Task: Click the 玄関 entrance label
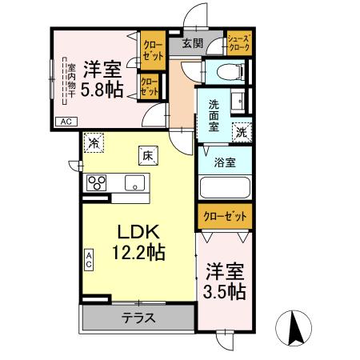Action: tap(192, 43)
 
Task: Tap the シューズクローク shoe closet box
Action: tap(239, 43)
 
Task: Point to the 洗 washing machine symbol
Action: tap(242, 133)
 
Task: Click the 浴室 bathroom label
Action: tap(225, 162)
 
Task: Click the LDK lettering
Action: tap(140, 232)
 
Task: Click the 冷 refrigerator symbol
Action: tap(95, 144)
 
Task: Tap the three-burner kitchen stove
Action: tap(97, 181)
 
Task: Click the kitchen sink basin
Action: tap(131, 181)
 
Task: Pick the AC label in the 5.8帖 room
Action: tap(66, 121)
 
